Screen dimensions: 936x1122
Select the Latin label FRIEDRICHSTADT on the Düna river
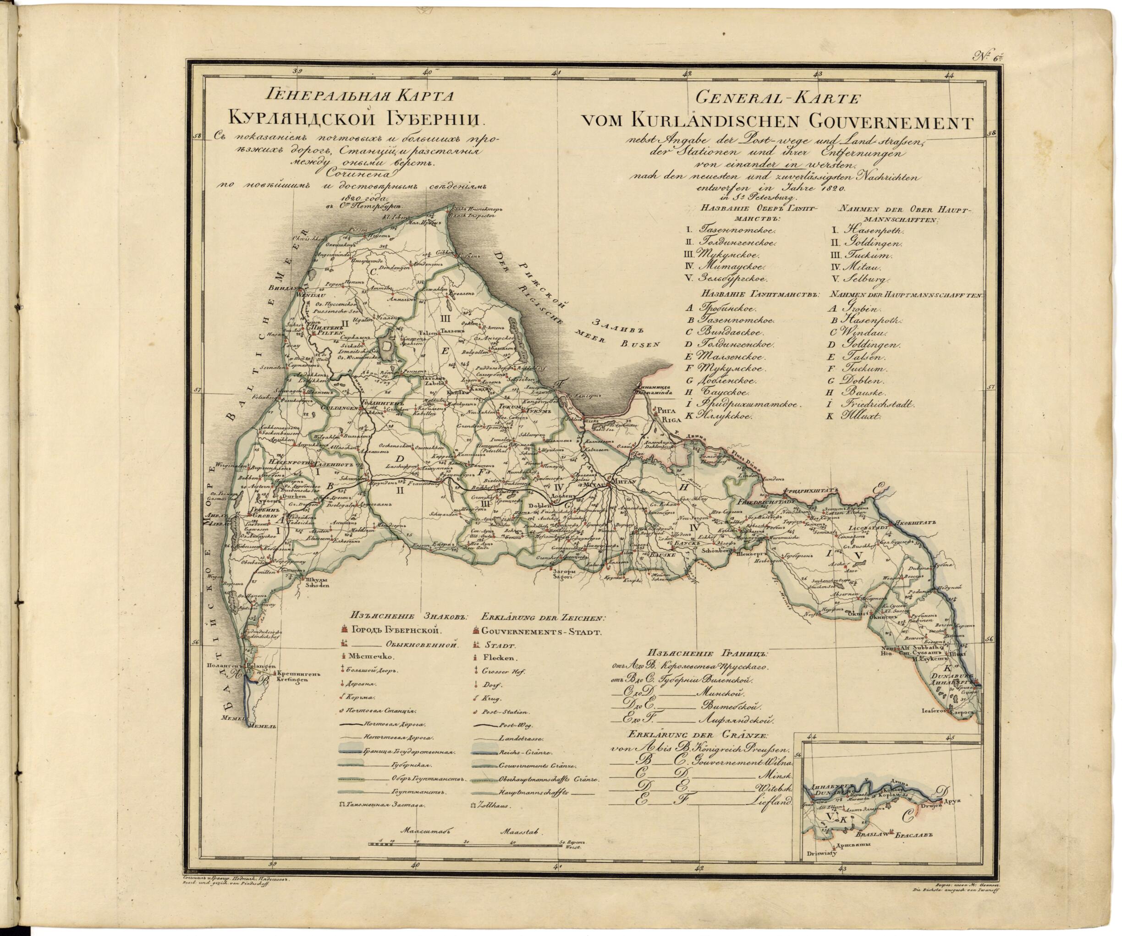tap(763, 503)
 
